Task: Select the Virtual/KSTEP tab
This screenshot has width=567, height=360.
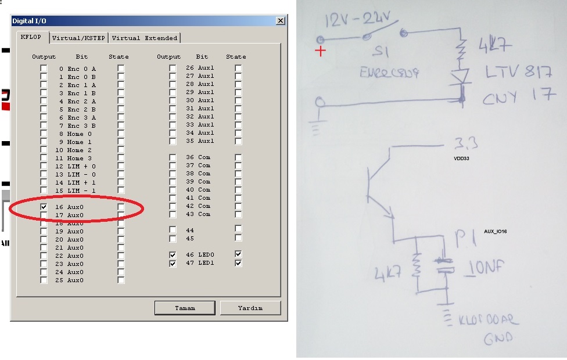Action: pos(78,38)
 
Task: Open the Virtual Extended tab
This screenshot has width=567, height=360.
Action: pos(144,38)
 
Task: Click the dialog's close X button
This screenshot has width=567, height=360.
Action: pos(281,21)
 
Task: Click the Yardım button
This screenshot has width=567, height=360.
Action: pos(250,308)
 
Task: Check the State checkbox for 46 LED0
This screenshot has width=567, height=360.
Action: pos(238,255)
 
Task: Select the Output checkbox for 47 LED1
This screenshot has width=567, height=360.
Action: pos(173,263)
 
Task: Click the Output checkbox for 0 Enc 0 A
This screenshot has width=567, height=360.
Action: pos(44,69)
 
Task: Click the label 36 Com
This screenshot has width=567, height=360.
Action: pos(198,157)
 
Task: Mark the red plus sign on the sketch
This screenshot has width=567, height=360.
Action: pos(320,51)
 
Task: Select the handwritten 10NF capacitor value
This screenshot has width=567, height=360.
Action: pos(486,268)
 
